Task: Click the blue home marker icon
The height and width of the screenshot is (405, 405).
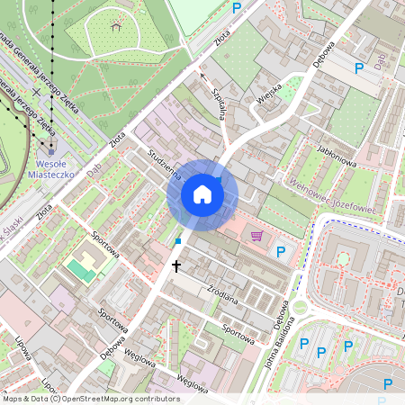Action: coord(202,194)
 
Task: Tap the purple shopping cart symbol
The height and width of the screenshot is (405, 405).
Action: coord(257,237)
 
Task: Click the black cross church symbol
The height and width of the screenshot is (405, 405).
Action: coord(176,265)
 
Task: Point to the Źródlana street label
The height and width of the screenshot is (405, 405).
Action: coord(221,297)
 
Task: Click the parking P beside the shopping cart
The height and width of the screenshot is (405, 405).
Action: coord(280,251)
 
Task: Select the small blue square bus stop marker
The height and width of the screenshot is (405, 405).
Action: coord(178,241)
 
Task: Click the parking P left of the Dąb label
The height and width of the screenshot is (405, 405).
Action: coord(359,68)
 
